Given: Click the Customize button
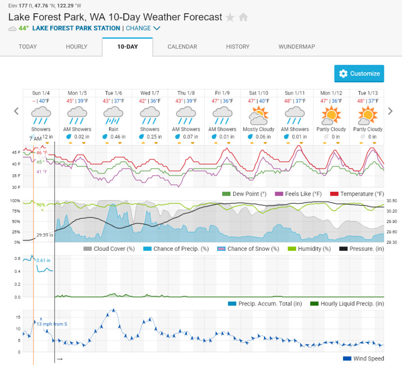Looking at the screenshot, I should pos(359,74).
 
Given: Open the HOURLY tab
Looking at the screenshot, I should pos(77,47).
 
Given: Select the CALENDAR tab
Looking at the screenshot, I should pos(182,47).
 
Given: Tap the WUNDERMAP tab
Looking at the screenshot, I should pos(297,47).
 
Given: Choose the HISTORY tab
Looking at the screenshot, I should pos(238,47).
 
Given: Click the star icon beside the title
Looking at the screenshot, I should pos(230,18).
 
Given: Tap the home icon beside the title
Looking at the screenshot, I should pos(243,18).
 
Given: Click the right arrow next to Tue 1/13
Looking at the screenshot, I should pos(390,111).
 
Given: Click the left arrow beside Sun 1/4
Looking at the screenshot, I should pos(16,111).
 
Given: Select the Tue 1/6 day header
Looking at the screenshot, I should pos(114,93).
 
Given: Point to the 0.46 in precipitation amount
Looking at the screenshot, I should pos(117,137).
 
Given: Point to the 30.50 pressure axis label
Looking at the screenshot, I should pos(391,201).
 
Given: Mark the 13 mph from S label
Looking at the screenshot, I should pos(52,324).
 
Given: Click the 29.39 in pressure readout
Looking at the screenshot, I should pos(45,235).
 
